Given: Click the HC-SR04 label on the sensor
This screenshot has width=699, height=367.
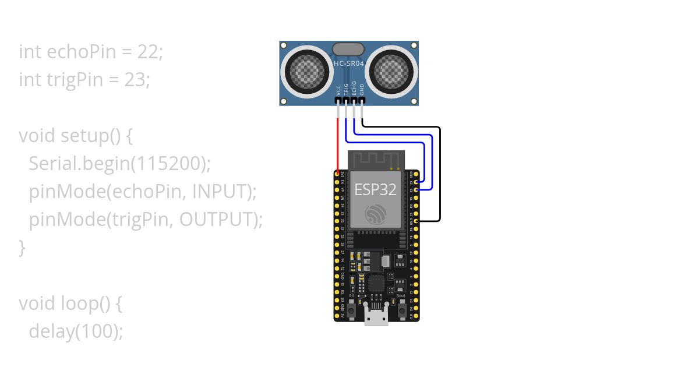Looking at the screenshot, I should (x=348, y=63).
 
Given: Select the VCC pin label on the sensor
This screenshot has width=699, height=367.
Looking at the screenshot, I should (x=338, y=90).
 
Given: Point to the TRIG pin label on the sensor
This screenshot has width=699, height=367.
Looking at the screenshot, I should (x=346, y=89).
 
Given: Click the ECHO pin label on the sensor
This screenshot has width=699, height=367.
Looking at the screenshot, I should (x=354, y=89).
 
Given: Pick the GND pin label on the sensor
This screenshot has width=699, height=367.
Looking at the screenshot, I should (x=362, y=90).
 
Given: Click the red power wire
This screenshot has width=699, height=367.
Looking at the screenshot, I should (x=338, y=146).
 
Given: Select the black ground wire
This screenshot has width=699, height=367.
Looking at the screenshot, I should (x=440, y=175).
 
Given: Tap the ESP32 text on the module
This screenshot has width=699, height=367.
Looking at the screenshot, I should (x=376, y=189).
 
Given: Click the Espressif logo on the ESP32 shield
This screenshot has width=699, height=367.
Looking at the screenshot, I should (x=376, y=215).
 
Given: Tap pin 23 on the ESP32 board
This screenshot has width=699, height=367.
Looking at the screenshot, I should (x=416, y=182).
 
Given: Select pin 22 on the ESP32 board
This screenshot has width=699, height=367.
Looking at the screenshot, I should (x=416, y=189).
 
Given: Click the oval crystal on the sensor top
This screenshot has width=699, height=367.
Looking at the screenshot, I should (x=348, y=49).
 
